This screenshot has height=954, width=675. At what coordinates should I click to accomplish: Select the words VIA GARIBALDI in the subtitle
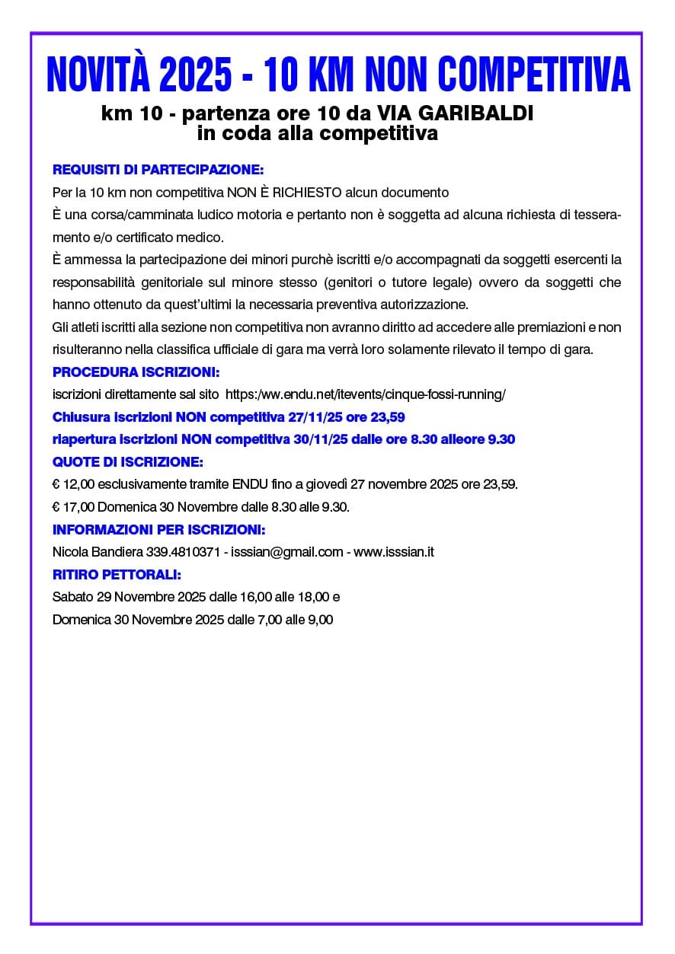click(x=456, y=114)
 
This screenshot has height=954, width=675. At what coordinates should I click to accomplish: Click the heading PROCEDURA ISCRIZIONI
click(x=136, y=373)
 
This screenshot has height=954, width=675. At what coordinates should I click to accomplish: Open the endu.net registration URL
click(x=366, y=394)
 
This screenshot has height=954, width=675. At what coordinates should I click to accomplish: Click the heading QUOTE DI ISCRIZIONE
click(x=128, y=462)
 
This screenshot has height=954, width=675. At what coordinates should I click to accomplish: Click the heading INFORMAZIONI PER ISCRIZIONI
click(x=158, y=529)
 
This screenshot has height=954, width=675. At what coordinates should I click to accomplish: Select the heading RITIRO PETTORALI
click(x=117, y=574)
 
